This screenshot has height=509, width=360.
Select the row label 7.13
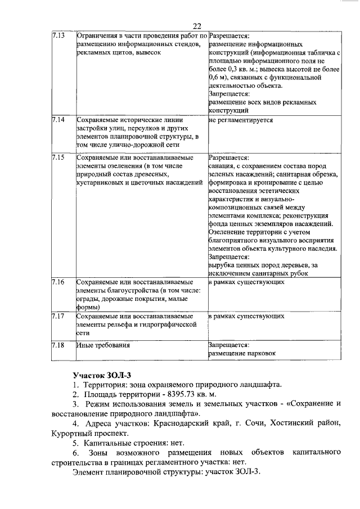[58, 35]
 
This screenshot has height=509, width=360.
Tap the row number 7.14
[58, 120]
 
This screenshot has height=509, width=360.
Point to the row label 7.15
[58, 157]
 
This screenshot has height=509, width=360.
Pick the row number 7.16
[58, 281]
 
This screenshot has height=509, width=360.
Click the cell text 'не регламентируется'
[241, 120]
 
